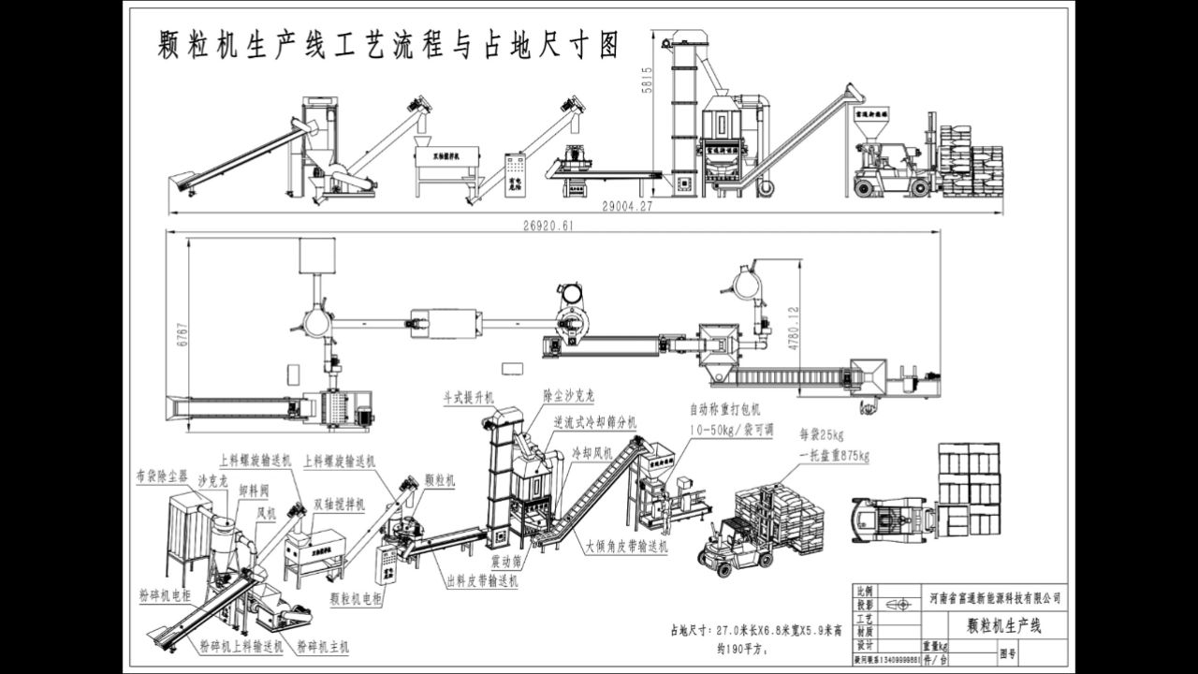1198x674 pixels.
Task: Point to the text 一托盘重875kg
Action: pyautogui.click(x=834, y=457)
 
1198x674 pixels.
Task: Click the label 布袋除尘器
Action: pyautogui.click(x=161, y=476)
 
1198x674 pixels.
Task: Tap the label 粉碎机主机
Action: pyautogui.click(x=322, y=646)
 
